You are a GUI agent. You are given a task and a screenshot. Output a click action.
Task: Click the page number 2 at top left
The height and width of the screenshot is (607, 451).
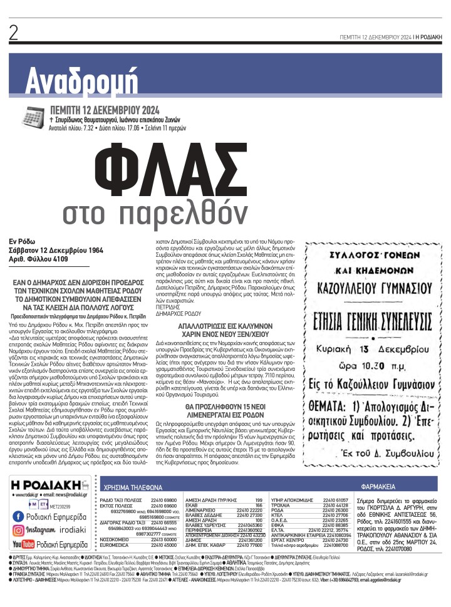click(13, 34)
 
